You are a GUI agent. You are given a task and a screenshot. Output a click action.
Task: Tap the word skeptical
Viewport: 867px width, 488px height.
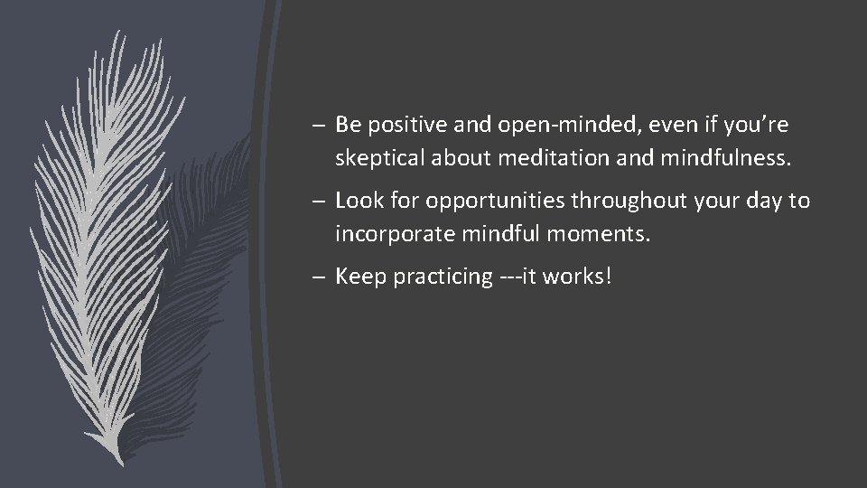click(378, 159)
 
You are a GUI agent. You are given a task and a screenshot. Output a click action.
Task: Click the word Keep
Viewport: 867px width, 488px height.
click(358, 276)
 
